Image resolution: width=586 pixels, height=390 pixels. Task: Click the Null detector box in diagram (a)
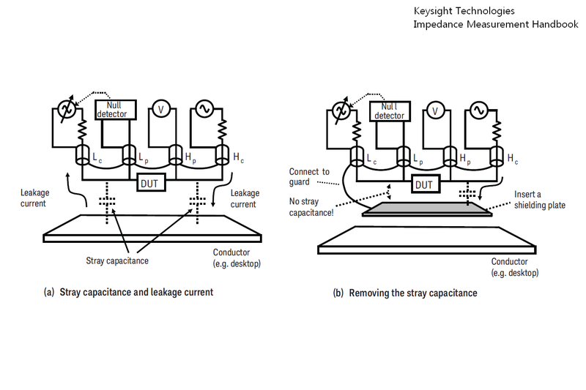pos(113,110)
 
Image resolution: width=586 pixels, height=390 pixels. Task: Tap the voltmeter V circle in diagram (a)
pos(161,110)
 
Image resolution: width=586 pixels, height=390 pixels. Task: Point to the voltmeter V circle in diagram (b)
pos(436,110)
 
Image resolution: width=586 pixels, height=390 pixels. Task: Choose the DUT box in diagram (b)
pos(424,184)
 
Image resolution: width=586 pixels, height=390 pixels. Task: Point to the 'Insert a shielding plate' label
pos(540,200)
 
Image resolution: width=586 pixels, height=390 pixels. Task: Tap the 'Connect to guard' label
pos(311,176)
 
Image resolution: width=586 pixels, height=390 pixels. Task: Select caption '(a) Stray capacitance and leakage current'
pos(128,292)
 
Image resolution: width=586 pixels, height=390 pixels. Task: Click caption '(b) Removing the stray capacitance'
pos(405,293)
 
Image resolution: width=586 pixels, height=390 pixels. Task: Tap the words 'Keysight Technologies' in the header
pos(464,11)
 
